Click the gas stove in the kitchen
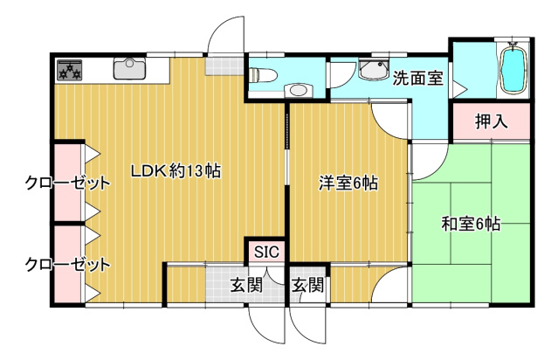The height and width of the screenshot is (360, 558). click(70, 69)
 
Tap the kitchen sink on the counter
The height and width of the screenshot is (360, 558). click(129, 68)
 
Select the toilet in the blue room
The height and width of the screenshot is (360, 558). click(263, 75)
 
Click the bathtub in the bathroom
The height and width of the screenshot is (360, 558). click(513, 71)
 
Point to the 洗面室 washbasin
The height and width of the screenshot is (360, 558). click(373, 70)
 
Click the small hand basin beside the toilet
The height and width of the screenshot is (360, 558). click(299, 90)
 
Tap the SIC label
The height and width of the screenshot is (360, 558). click(267, 253)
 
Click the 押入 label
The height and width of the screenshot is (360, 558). click(491, 121)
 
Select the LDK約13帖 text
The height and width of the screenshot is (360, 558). click(176, 171)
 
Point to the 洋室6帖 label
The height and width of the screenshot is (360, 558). click(348, 183)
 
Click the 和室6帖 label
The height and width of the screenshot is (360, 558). click(471, 225)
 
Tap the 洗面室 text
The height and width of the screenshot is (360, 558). click(417, 78)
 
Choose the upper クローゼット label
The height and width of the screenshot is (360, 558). click(67, 183)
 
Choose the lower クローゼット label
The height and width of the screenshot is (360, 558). click(67, 265)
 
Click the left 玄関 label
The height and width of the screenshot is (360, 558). click(246, 285)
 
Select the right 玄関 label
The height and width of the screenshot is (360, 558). click(308, 285)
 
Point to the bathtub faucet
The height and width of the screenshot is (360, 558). click(513, 45)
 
